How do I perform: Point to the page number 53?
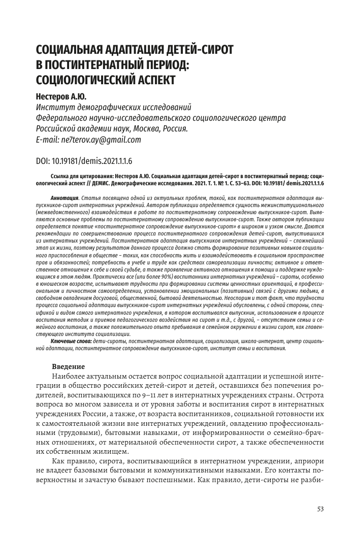(320, 509)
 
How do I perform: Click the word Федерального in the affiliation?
(62, 118)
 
